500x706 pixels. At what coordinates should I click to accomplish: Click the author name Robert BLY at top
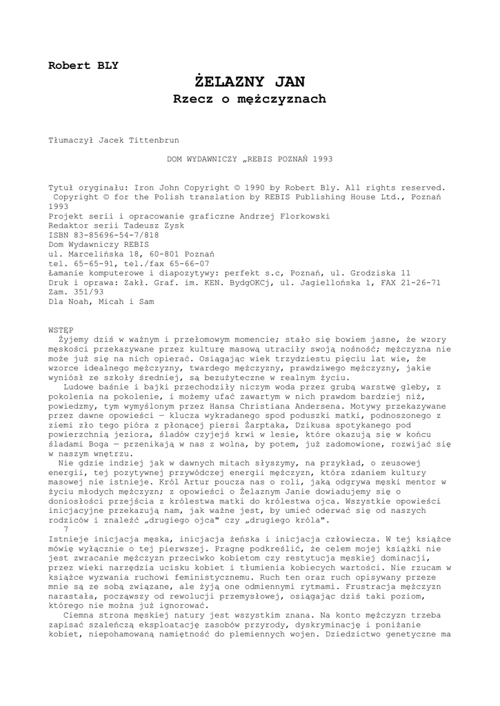(x=83, y=66)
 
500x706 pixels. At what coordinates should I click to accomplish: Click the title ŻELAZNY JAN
(x=249, y=82)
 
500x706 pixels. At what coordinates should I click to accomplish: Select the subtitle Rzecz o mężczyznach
(x=249, y=99)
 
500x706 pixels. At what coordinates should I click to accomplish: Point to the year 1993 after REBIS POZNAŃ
(x=322, y=159)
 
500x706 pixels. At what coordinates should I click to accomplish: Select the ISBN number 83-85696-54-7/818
(x=114, y=234)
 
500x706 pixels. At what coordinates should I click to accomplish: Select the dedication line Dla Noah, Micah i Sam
(x=101, y=301)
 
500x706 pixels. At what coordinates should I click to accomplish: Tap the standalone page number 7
(x=66, y=528)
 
